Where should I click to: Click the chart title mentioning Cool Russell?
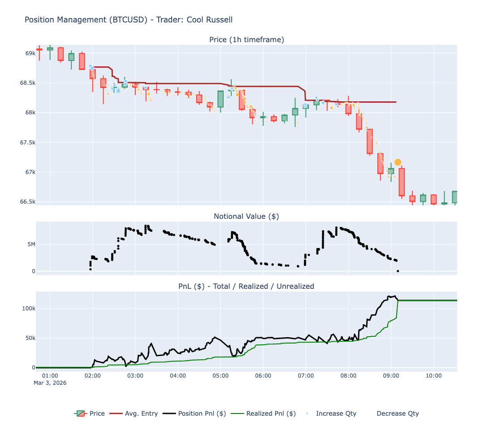click(128, 20)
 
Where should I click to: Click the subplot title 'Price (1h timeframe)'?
click(246, 40)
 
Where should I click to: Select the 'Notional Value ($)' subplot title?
click(246, 217)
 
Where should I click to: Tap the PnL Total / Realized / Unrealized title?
click(246, 286)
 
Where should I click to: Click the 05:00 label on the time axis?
click(221, 375)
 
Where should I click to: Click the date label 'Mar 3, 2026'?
click(50, 383)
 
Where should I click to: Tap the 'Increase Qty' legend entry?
click(336, 413)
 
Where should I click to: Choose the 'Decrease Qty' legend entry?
click(398, 413)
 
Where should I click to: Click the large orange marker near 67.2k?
click(398, 162)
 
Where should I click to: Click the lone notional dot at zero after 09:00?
click(398, 271)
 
